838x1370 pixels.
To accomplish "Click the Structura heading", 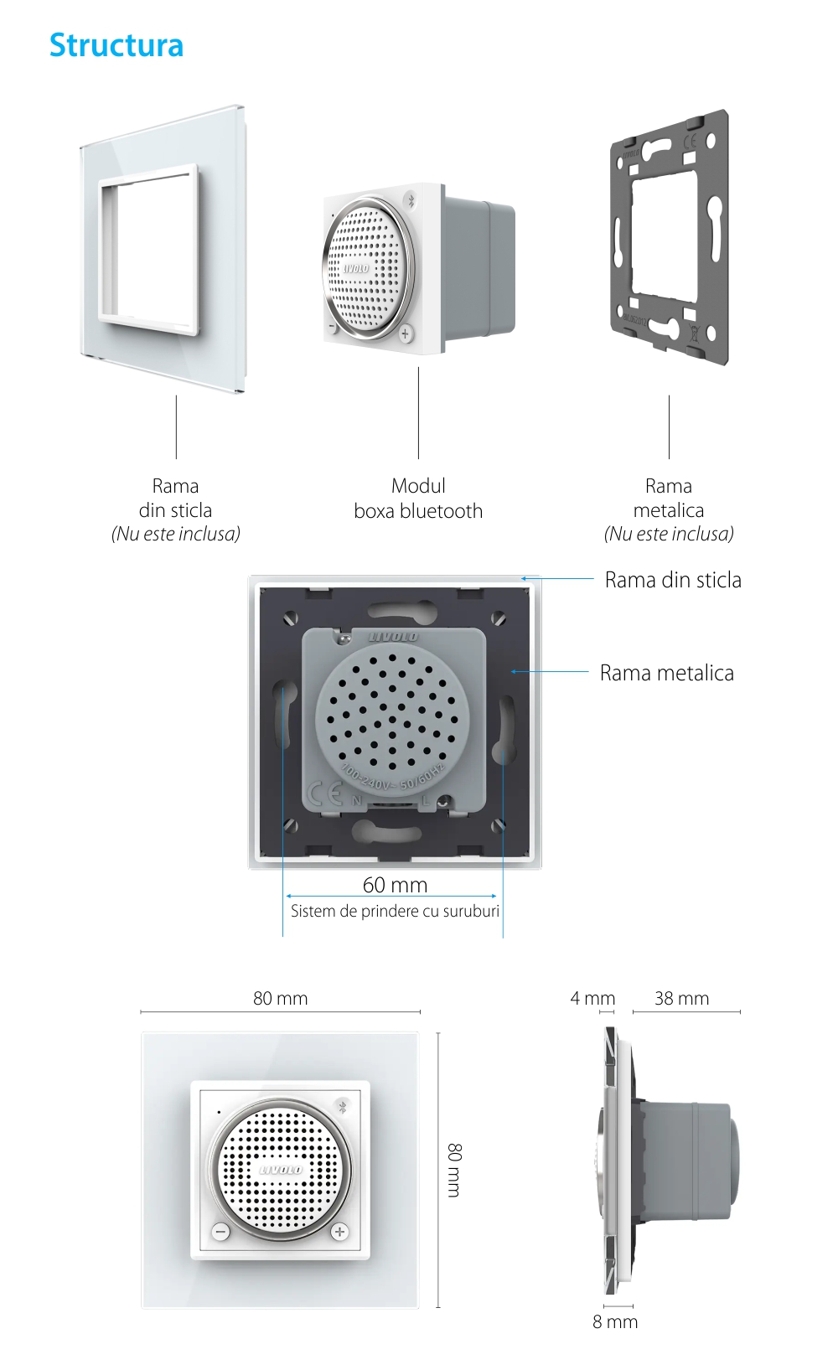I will [x=116, y=45].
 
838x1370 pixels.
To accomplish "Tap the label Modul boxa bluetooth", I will [x=418, y=499].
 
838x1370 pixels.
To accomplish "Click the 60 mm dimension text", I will [x=395, y=885].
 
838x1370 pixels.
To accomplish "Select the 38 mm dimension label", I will [x=681, y=998].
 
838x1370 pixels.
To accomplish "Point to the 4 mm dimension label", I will [x=592, y=998].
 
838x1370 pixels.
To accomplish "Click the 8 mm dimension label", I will [x=615, y=1321].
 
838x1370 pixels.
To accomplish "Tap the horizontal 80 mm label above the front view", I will [x=280, y=998].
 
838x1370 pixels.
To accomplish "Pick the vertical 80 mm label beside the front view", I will [x=454, y=1170].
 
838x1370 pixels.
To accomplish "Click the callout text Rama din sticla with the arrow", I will [x=673, y=580].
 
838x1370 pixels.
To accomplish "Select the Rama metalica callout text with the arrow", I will [x=666, y=673].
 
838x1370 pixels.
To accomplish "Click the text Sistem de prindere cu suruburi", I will [x=395, y=911].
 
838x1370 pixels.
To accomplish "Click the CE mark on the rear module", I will [x=325, y=793].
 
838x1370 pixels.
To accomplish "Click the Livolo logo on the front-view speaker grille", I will [x=281, y=1170].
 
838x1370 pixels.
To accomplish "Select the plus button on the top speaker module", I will [x=406, y=333].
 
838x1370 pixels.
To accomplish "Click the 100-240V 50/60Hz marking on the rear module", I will [x=392, y=776].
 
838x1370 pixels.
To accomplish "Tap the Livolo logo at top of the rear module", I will [x=393, y=637].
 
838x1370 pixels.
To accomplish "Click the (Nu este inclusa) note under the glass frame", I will [x=176, y=534].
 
